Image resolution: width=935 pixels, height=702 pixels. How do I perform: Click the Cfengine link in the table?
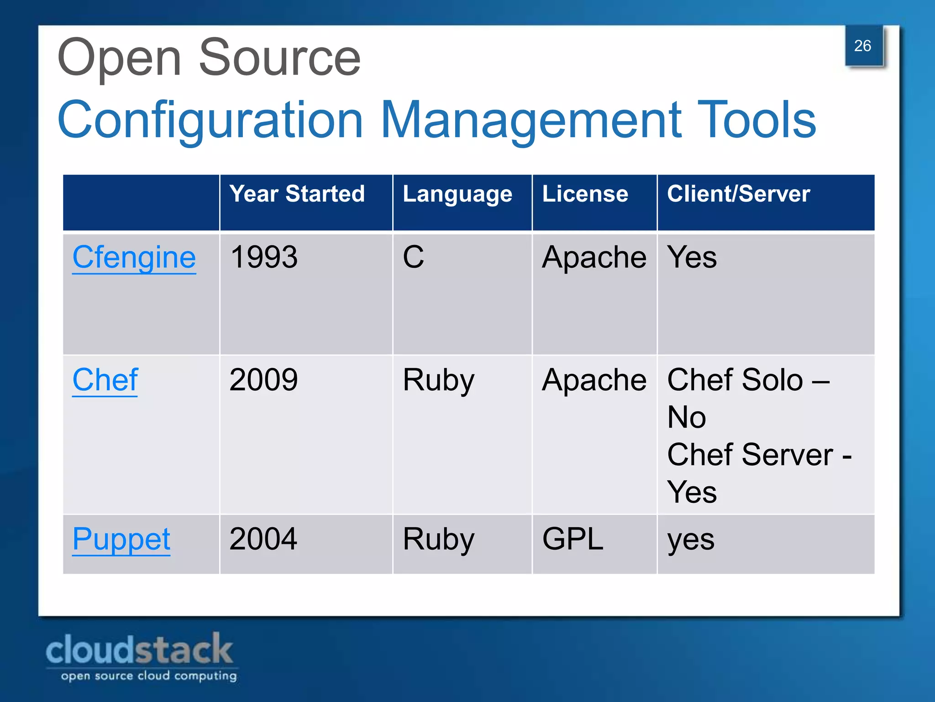point(134,257)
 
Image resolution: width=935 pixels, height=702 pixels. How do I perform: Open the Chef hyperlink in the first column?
point(105,380)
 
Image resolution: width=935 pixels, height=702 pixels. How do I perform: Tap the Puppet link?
point(121,539)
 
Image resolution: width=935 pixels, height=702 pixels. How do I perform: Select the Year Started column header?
point(297,194)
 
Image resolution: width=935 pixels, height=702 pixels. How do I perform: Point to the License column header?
point(585,194)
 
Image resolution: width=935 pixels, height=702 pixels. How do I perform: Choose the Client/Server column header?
point(738,194)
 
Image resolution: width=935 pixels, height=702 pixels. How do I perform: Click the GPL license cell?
point(573,539)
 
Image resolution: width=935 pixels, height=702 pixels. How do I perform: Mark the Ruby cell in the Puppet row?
point(438,540)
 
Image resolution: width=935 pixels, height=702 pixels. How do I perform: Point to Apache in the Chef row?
point(594,380)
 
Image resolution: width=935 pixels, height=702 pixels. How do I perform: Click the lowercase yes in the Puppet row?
point(691,541)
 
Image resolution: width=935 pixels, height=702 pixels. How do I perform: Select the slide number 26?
point(862,46)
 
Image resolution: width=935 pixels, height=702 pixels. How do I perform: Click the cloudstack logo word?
point(139,649)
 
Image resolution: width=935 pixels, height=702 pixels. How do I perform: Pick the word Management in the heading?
point(531,120)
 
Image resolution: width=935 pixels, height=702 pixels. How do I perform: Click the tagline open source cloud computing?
point(149,675)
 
